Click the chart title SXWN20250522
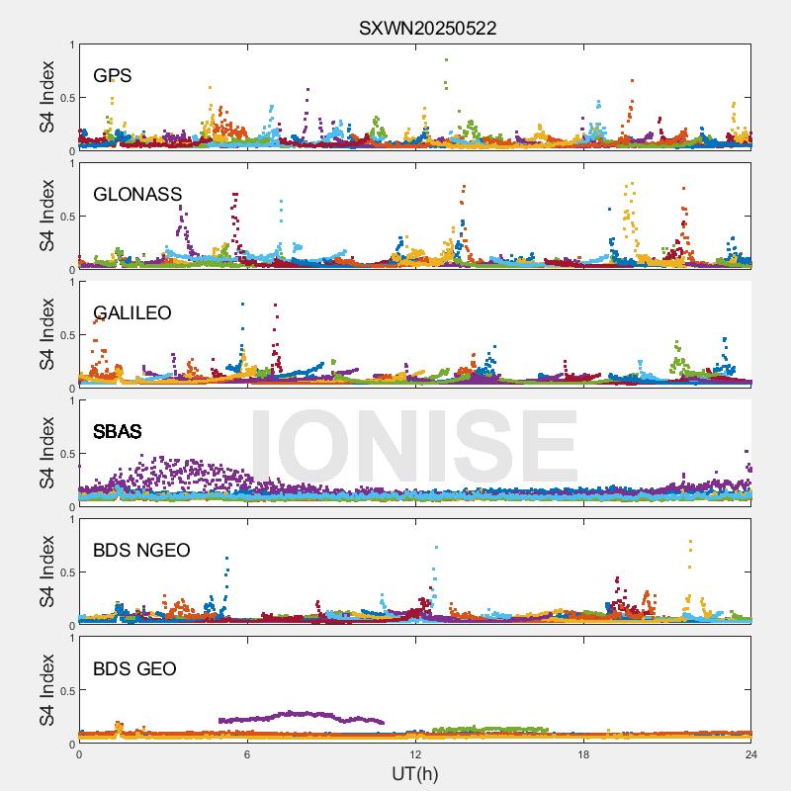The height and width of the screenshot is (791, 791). [x=427, y=28]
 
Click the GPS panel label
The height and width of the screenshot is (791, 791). [x=113, y=76]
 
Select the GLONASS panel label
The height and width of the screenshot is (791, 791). [x=137, y=195]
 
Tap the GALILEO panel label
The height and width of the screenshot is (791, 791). [x=132, y=313]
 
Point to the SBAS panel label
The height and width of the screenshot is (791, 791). [x=117, y=432]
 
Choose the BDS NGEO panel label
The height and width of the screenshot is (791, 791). [x=141, y=551]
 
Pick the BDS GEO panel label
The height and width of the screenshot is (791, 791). [x=134, y=669]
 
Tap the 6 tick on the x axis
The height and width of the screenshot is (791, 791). [x=247, y=753]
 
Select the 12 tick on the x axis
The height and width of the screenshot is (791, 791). [x=415, y=753]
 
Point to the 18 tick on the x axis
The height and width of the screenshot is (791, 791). [x=583, y=753]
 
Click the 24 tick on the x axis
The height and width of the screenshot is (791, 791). [x=750, y=753]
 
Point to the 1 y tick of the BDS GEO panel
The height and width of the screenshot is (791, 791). [x=70, y=638]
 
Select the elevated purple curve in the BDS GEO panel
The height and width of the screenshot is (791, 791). [x=297, y=714]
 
